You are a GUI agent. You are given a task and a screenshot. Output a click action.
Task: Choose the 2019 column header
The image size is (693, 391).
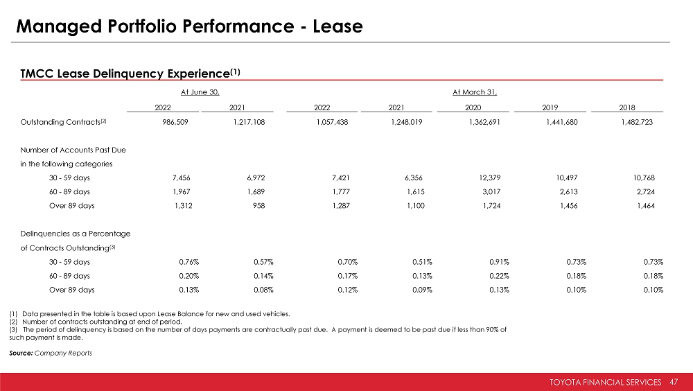coord(552,107)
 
